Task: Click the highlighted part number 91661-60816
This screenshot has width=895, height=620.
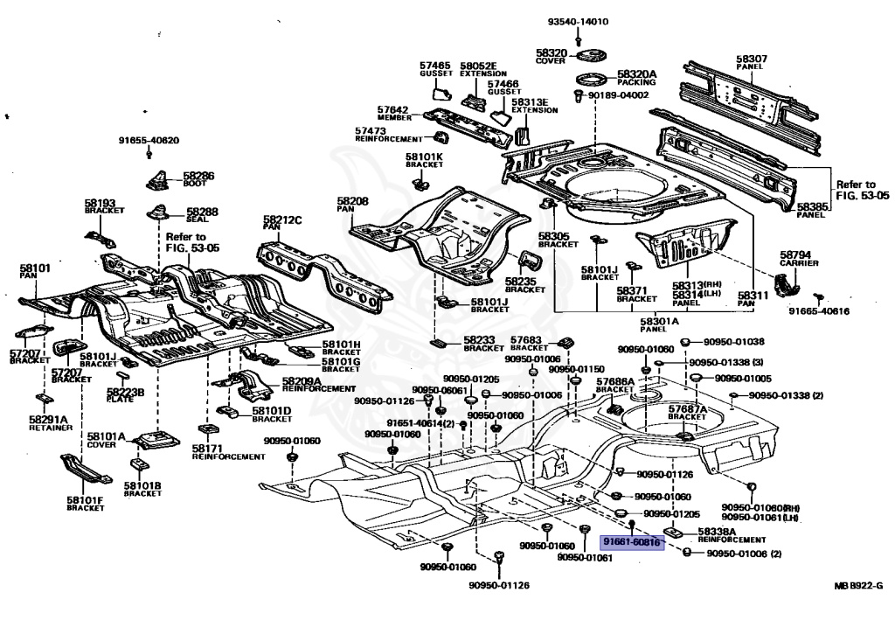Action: (x=632, y=542)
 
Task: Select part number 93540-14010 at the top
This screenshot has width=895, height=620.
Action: (x=579, y=22)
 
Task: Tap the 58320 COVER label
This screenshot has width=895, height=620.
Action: (x=552, y=56)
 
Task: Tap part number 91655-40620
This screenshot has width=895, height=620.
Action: (x=149, y=140)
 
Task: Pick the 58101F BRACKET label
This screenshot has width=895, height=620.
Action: (x=84, y=504)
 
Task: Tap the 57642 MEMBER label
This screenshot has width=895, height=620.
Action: (x=393, y=114)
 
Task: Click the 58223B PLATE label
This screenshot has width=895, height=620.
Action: (x=126, y=395)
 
